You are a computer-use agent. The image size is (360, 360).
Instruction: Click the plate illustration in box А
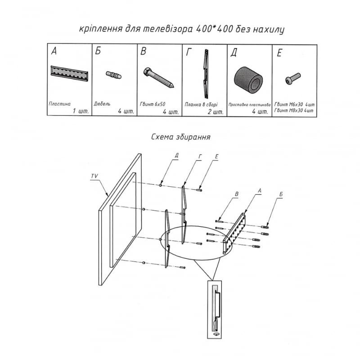[x=69, y=73]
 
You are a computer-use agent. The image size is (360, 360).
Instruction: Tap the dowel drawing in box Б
[x=114, y=75]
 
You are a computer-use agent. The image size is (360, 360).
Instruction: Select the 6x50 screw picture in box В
[x=158, y=77]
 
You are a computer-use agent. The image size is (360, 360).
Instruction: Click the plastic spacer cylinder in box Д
[x=248, y=80]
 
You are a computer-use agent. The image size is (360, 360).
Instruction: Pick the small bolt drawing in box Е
[x=293, y=78]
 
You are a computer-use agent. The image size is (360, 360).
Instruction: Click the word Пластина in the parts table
[x=60, y=104]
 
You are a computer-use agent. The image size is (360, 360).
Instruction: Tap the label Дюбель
[x=102, y=104]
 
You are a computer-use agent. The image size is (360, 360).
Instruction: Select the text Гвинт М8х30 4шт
[x=294, y=110]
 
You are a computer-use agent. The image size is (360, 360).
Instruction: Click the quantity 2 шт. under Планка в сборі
[x=216, y=112]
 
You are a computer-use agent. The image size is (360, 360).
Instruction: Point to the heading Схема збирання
[x=181, y=137]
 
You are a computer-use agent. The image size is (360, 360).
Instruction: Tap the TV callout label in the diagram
[x=94, y=176]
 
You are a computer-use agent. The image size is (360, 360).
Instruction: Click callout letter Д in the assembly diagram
[x=176, y=155]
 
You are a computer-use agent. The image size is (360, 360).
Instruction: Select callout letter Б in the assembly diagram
[x=281, y=194]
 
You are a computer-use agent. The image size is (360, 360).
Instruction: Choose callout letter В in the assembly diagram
[x=237, y=194]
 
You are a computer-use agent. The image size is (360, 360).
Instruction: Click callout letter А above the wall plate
[x=260, y=190]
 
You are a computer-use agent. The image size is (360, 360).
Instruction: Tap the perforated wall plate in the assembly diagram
[x=234, y=233]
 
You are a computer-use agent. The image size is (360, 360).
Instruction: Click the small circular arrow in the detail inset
[x=216, y=334]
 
